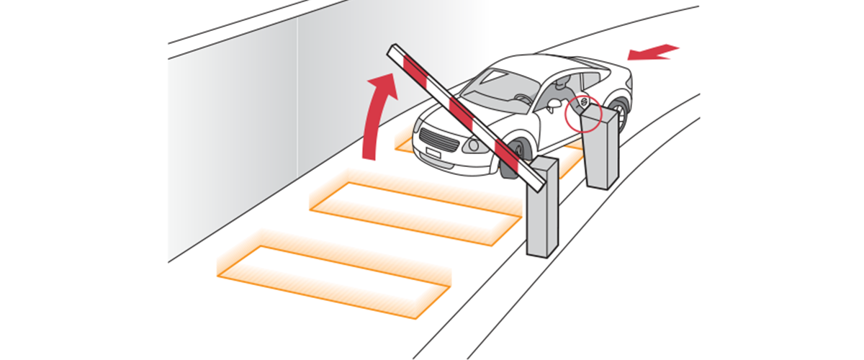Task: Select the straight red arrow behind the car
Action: point(652,52)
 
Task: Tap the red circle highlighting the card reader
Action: point(582,112)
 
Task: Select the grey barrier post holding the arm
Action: point(542,209)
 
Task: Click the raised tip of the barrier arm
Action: point(393,50)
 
